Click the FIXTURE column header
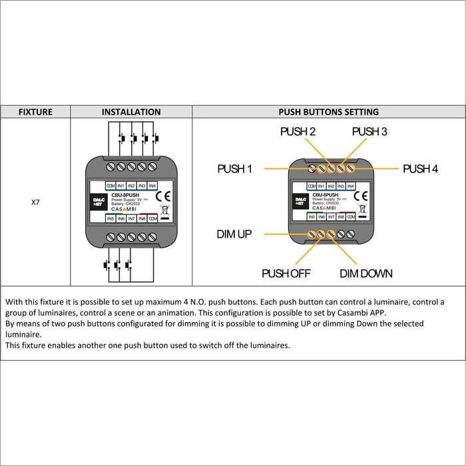point(35,112)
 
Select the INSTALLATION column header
point(131,112)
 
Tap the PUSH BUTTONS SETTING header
point(328,112)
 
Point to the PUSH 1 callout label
point(234,169)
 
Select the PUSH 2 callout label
point(298,132)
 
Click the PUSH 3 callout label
point(369,132)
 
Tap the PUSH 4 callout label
point(420,169)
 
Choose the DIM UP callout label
point(234,234)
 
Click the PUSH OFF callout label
point(286,274)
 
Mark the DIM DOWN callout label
point(365,274)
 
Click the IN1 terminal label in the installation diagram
point(121,186)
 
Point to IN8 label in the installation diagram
point(142,218)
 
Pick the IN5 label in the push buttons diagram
point(312,217)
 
